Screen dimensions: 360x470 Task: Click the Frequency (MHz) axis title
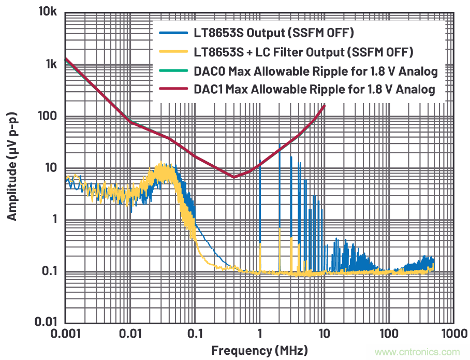(259, 351)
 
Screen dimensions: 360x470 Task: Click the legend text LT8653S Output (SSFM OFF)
(273, 34)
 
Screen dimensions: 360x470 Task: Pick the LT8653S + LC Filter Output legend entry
(303, 52)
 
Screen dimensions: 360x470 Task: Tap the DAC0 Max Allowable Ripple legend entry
(315, 71)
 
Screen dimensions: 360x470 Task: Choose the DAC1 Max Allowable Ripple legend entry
(314, 90)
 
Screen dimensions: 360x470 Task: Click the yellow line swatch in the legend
(172, 52)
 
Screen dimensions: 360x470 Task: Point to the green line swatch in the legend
(172, 71)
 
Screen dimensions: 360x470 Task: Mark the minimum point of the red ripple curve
(233, 177)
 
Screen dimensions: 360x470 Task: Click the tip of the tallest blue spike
(280, 145)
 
